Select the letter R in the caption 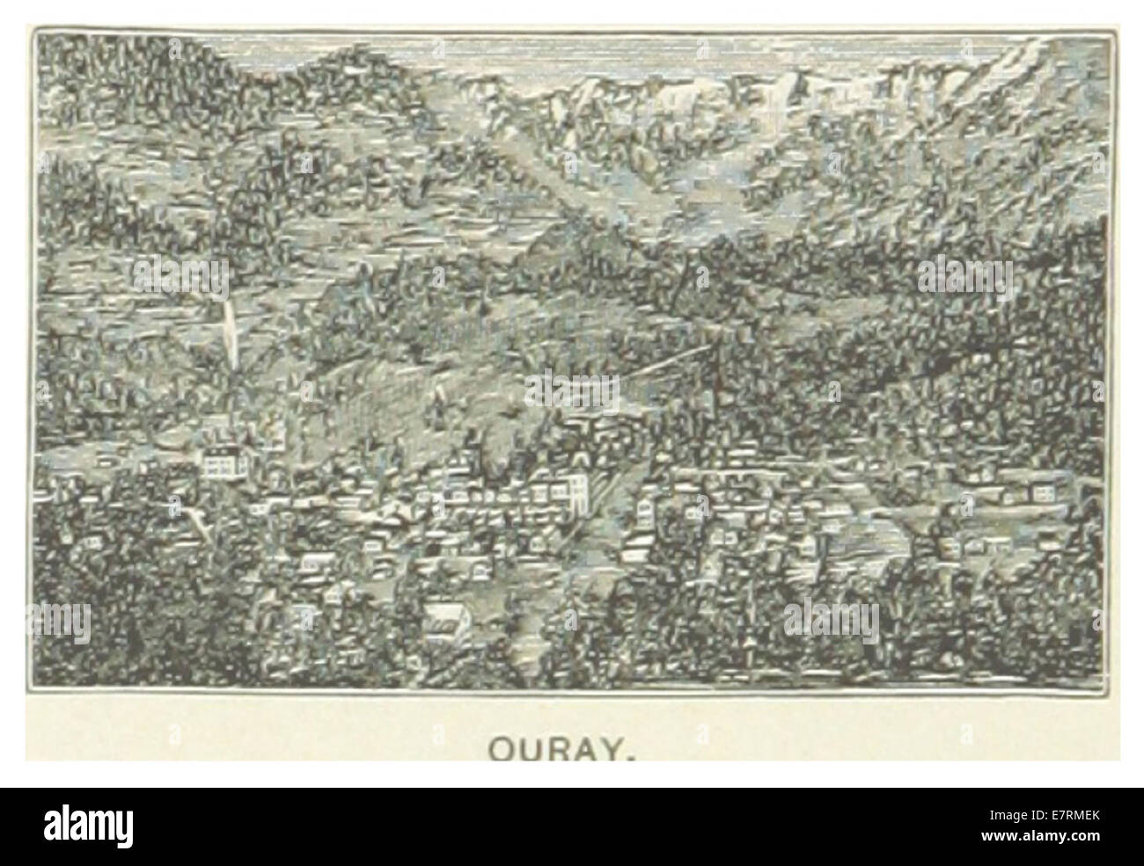(561, 748)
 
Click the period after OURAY (633, 754)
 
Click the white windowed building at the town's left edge (223, 462)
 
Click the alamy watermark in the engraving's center (572, 388)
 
